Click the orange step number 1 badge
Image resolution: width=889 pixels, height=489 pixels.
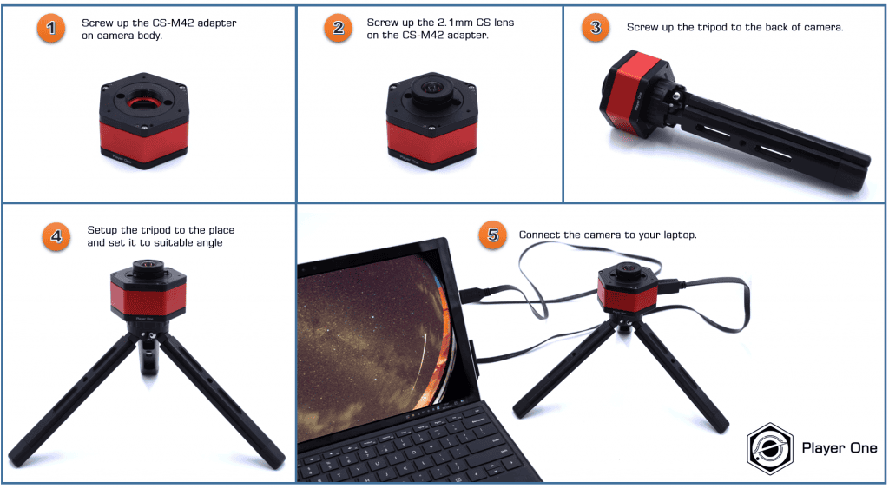point(51,29)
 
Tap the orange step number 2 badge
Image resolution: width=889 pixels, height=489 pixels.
point(338,29)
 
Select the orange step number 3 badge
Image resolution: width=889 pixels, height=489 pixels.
point(595,28)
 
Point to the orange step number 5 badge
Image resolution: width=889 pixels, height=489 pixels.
point(492,235)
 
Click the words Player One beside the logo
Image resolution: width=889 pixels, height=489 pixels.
point(840,448)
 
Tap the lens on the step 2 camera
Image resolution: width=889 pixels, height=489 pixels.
point(431,90)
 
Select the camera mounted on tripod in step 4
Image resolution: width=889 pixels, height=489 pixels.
point(148,294)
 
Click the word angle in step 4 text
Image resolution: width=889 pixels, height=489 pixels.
point(207,242)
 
